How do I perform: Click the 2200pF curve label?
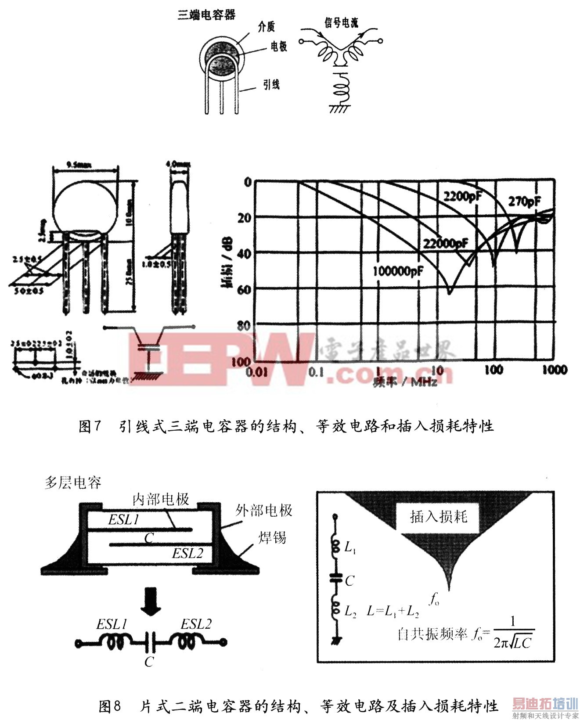tap(462, 196)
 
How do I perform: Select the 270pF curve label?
tap(524, 202)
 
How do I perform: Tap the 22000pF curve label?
tap(445, 243)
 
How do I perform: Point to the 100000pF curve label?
tap(398, 271)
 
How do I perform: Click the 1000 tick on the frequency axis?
tap(554, 370)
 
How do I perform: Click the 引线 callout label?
tap(271, 84)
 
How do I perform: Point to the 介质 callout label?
tap(266, 27)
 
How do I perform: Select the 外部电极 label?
tap(263, 510)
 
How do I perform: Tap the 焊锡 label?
tap(272, 537)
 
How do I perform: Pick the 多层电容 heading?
tap(73, 483)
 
